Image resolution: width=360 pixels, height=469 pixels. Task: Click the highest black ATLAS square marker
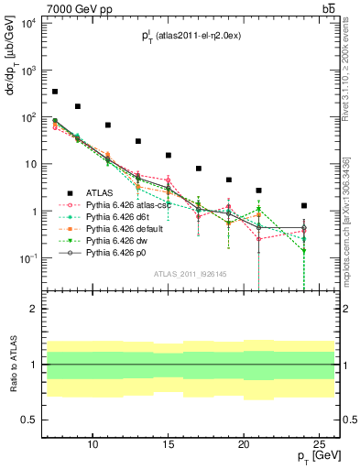coord(55,92)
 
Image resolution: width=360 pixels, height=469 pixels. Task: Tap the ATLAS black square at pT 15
coord(169,155)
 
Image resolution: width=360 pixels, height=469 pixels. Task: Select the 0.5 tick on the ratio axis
coord(34,420)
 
